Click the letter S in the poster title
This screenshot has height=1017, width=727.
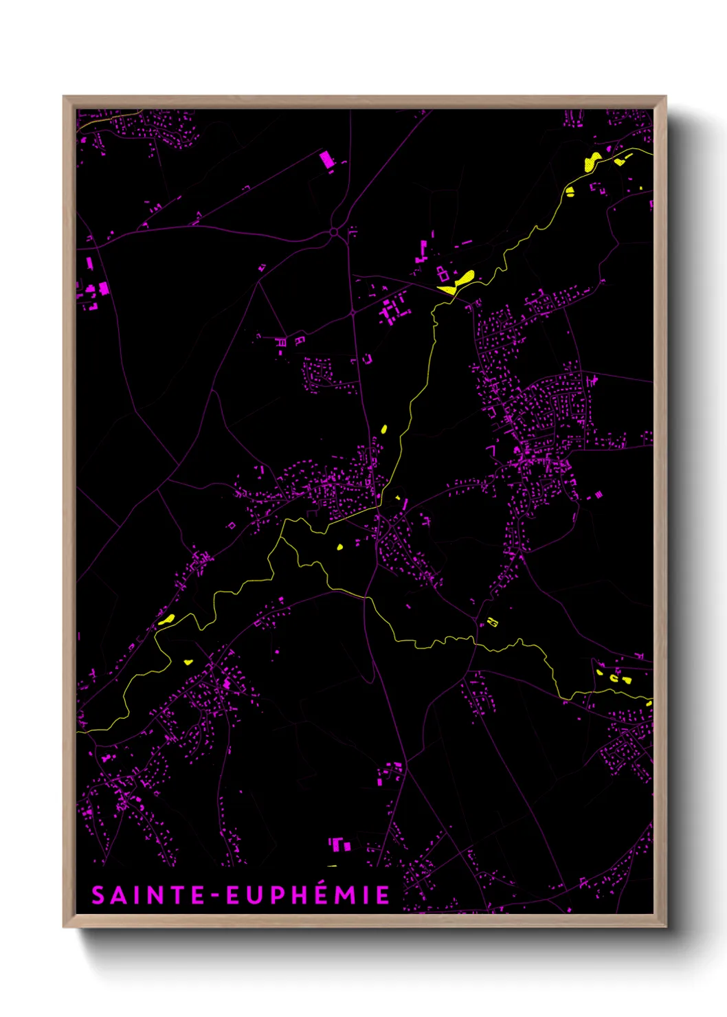click(x=99, y=895)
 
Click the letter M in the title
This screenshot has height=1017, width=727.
click(x=345, y=895)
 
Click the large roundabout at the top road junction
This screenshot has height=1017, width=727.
click(x=334, y=232)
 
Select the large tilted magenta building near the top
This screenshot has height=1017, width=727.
click(x=326, y=160)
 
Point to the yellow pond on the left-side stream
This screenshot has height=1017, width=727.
click(x=166, y=619)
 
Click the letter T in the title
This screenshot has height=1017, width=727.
click(x=179, y=895)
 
